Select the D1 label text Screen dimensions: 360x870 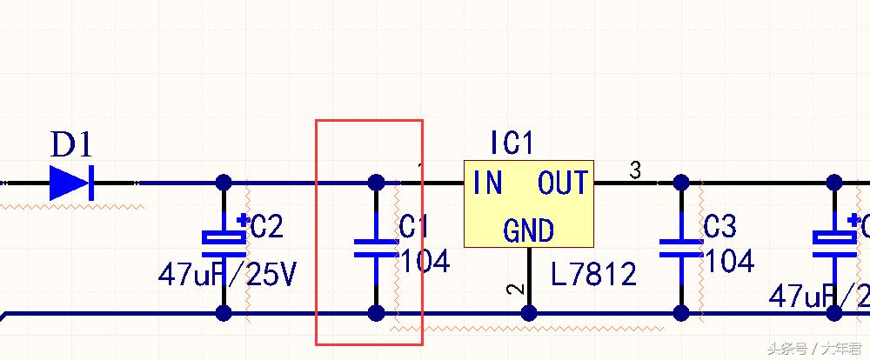pos(71,143)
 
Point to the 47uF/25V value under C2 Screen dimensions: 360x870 pos(227,276)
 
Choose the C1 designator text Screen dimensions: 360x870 pos(414,227)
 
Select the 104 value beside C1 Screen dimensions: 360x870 pos(425,260)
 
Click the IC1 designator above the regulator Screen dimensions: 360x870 pos(512,143)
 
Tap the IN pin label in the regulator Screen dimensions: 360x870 pos(488,183)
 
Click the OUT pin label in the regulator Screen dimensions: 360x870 pos(563,183)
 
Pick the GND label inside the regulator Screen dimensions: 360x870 pos(528,230)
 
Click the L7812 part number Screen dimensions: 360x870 pos(594,275)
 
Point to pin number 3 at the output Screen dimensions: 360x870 pos(635,170)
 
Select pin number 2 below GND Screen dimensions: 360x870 pos(514,290)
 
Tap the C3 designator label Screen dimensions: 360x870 pos(719,227)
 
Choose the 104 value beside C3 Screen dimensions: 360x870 pos(729,260)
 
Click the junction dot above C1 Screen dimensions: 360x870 pos(376,183)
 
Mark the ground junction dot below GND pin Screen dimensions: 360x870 pos(528,313)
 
